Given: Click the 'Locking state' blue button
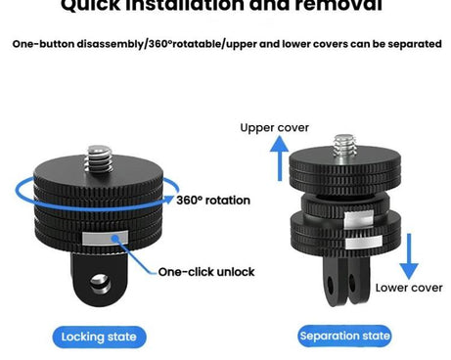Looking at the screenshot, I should (98, 337).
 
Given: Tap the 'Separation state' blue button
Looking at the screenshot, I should (343, 337).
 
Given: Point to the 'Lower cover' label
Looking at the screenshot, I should (409, 288).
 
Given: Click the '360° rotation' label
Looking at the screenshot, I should (213, 200).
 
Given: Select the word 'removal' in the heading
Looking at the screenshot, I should (337, 6).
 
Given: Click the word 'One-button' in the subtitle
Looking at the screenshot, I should (45, 44).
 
